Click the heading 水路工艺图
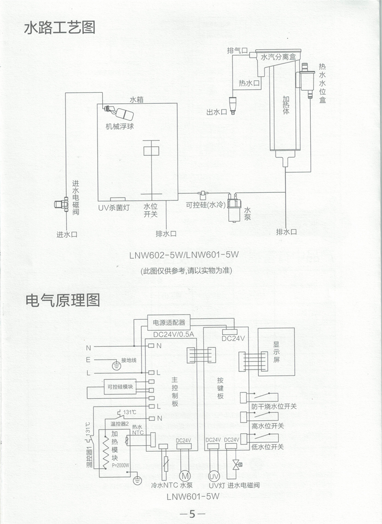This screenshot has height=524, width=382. click(x=60, y=28)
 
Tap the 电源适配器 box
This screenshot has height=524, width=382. click(x=169, y=322)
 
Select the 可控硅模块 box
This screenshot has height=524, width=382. click(x=120, y=387)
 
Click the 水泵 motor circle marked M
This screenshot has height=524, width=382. click(x=184, y=476)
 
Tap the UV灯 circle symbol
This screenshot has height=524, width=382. click(x=213, y=476)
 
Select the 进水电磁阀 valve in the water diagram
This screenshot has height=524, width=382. click(x=63, y=204)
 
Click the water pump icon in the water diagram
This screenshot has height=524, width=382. click(x=232, y=209)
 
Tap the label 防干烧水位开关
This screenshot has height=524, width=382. click(x=274, y=406)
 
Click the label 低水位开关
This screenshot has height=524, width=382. click(x=267, y=446)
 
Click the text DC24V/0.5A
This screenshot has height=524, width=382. click(x=173, y=335)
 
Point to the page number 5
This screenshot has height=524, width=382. click(x=191, y=514)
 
